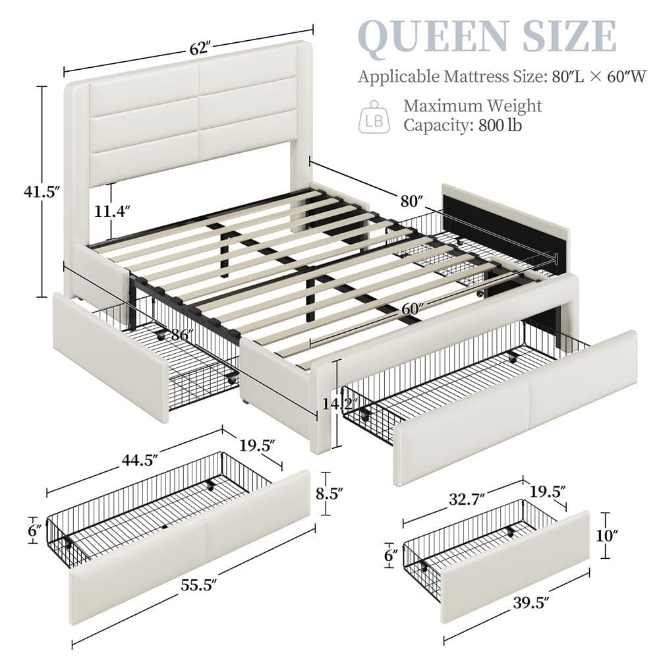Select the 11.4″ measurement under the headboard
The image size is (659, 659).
click(113, 212)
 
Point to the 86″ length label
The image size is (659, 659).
click(178, 334)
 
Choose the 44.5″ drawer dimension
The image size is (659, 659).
click(135, 461)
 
